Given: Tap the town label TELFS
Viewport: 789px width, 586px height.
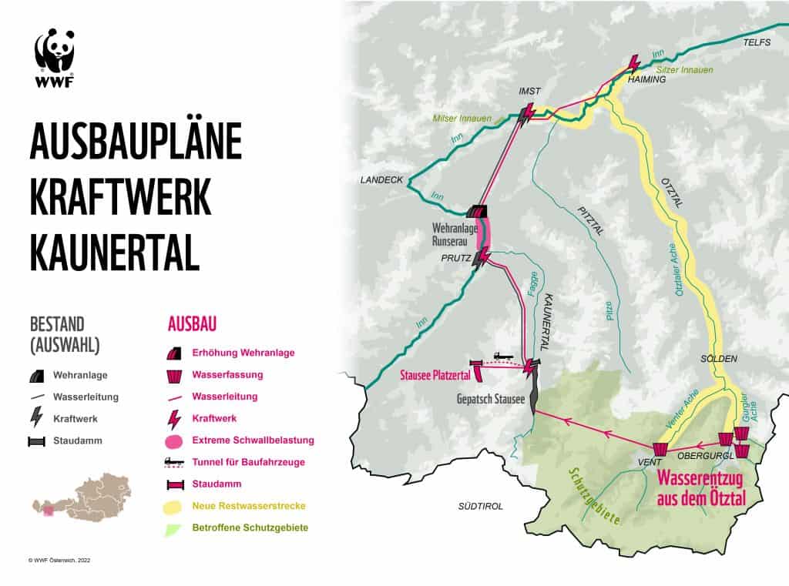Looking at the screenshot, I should coord(756,43).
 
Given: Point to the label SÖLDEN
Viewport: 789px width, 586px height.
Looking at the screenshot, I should coord(719,360).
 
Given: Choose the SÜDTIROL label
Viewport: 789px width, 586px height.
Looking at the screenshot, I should coord(480,506).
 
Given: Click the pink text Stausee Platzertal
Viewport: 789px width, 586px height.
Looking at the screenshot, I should coord(434,377).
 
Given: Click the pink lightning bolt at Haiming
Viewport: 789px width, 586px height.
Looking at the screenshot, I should coord(635,63).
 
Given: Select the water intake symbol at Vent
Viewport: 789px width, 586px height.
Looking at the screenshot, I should coord(660,448).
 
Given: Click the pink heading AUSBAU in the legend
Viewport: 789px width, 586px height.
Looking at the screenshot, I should coord(191,323).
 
